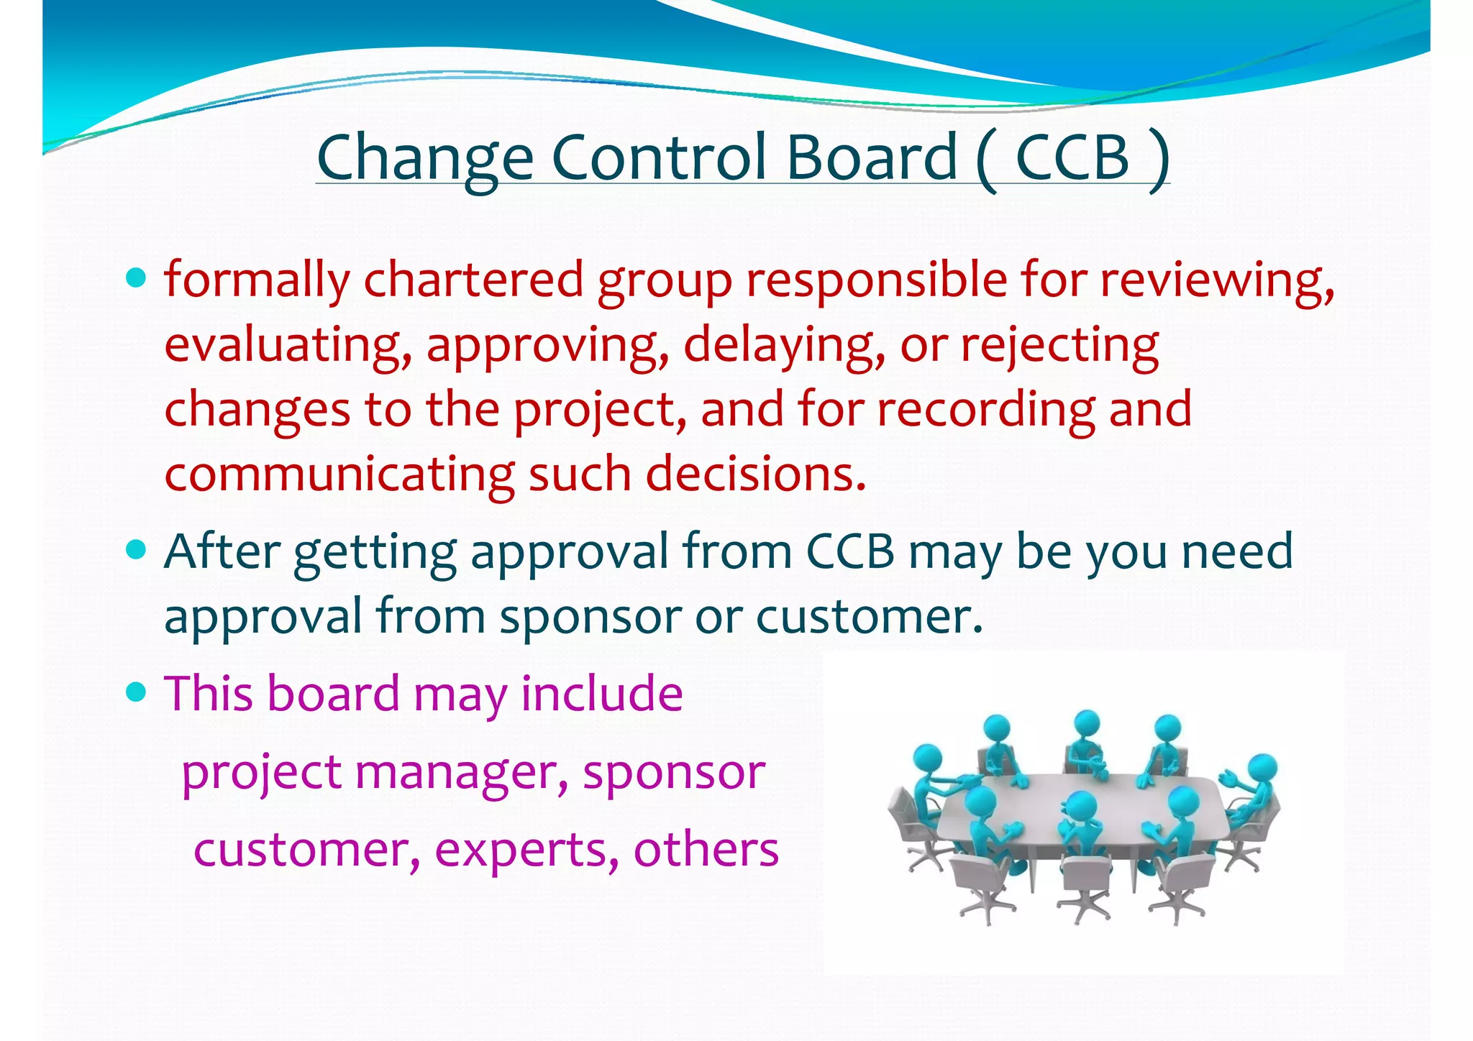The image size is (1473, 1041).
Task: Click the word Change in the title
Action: (x=424, y=158)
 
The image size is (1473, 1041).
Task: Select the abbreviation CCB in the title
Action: (x=1072, y=158)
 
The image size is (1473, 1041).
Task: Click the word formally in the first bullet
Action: (x=257, y=280)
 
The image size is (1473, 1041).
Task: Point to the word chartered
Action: (x=473, y=280)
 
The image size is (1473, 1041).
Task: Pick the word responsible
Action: (x=876, y=280)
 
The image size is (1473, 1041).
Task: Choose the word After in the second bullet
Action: (x=222, y=552)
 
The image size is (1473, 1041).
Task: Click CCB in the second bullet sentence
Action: (x=849, y=552)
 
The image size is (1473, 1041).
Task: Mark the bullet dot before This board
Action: (x=135, y=692)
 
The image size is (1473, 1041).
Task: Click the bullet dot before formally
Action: (x=135, y=278)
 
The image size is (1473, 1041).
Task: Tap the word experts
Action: (x=526, y=850)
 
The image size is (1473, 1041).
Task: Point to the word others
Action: (x=706, y=850)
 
